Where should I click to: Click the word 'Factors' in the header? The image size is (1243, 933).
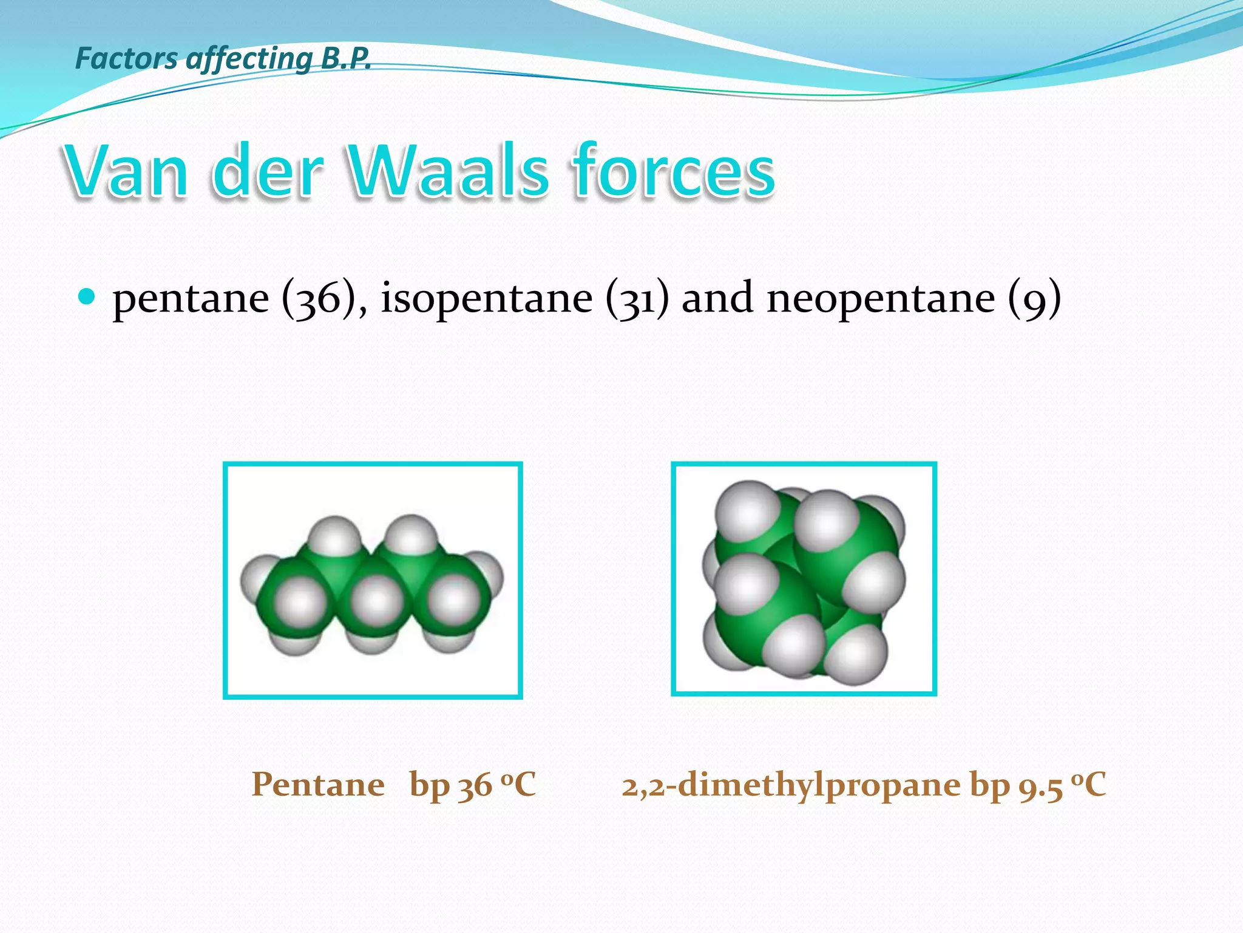126,58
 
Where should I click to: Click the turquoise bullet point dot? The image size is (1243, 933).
87,297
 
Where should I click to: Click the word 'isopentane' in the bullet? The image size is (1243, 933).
486,299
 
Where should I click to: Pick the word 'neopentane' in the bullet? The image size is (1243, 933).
881,299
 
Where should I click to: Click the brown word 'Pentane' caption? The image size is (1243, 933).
318,785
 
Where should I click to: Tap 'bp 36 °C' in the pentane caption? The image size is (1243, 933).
472,785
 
